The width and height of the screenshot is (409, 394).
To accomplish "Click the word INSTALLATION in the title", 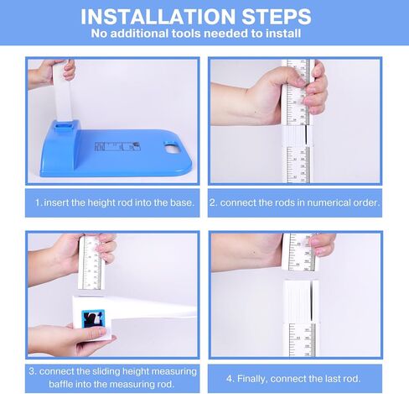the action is tap(158, 17).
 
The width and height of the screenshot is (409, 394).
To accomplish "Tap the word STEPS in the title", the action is tap(277, 17).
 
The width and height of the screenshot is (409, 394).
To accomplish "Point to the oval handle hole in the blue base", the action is tap(173, 148).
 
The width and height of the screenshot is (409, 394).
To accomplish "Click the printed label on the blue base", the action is tap(117, 146).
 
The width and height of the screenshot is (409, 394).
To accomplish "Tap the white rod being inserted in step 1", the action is tap(63, 91).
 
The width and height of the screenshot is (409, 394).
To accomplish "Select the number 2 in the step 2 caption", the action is tap(213, 202).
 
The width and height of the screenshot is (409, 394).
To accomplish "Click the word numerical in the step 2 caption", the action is tap(328, 202).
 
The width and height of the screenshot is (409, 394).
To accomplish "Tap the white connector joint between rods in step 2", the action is tap(298, 136).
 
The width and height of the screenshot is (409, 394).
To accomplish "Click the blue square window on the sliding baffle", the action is tap(93, 318).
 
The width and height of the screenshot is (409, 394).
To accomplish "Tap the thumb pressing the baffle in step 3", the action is tap(94, 333).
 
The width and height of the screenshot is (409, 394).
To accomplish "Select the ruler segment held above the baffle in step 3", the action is tap(91, 263).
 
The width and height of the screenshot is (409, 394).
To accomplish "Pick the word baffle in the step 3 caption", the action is tap(61, 384).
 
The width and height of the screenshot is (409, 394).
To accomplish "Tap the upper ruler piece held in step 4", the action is tap(300, 253).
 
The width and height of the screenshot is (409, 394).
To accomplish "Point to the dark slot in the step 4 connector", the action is tap(311, 300).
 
